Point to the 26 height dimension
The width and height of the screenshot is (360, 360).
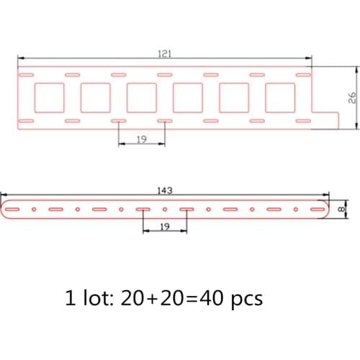coord(353,99)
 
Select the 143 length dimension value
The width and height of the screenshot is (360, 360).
coord(165,192)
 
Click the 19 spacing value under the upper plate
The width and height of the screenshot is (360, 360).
coord(141,140)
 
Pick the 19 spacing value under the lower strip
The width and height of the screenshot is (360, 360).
coord(165,226)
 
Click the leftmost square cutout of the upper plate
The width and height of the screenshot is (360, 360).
coord(49,97)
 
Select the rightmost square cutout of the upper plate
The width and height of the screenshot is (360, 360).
coord(280,97)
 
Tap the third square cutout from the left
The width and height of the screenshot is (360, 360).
coord(141,97)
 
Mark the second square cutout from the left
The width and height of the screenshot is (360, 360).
coord(95,97)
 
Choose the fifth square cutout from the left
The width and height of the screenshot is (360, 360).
coord(234,97)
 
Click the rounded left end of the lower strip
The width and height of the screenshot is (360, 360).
coord(9,209)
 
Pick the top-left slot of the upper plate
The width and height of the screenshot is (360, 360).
coord(27,74)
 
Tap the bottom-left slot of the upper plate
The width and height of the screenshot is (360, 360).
coord(27,120)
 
